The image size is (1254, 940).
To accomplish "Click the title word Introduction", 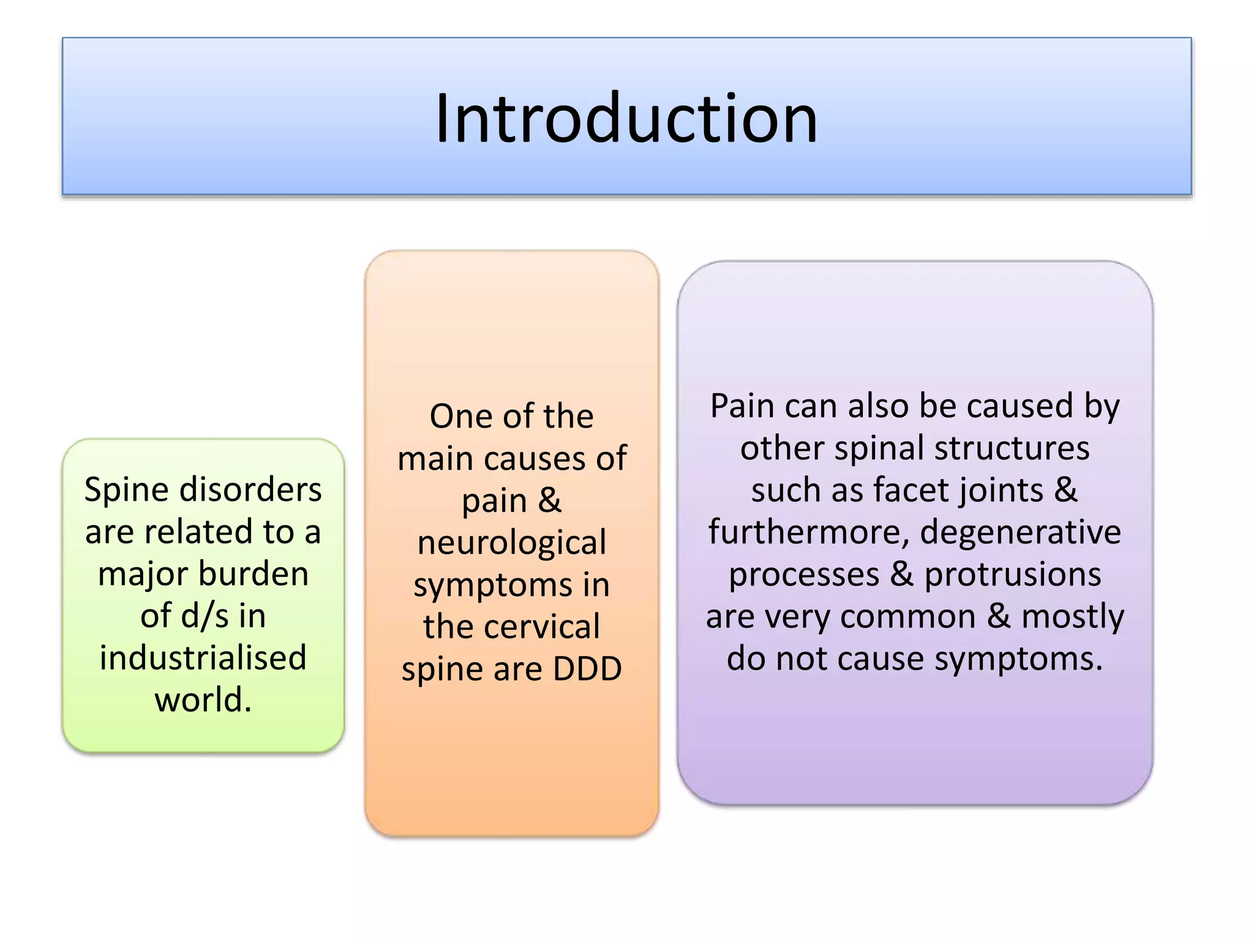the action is pyautogui.click(x=626, y=117).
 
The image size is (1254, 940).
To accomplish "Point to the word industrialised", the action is pyautogui.click(x=203, y=658).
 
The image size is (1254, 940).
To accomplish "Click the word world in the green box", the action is pyautogui.click(x=198, y=700).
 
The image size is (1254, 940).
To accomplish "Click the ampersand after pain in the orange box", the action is pyautogui.click(x=549, y=501).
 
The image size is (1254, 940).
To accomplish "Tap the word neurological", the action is pyautogui.click(x=512, y=543).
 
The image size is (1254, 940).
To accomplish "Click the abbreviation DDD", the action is pyautogui.click(x=587, y=669).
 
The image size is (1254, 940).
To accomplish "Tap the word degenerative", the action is pyautogui.click(x=1021, y=532).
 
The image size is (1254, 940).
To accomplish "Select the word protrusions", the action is pyautogui.click(x=1013, y=575).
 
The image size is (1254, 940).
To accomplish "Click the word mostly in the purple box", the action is pyautogui.click(x=1073, y=617).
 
